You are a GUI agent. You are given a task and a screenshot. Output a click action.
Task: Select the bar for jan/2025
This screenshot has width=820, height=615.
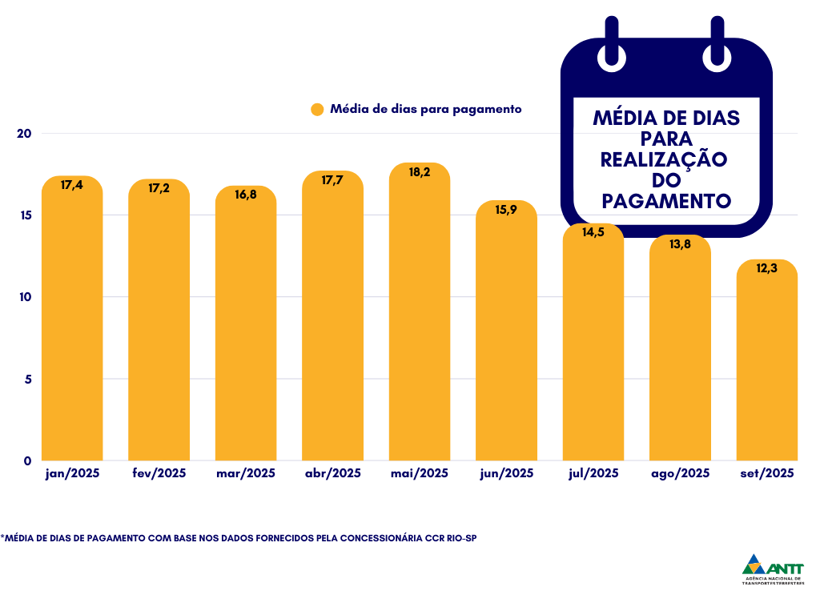[x=72, y=320]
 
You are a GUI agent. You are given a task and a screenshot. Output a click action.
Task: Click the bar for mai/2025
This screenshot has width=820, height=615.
[x=419, y=320]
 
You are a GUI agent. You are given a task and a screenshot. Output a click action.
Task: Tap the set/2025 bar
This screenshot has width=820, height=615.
[x=766, y=360]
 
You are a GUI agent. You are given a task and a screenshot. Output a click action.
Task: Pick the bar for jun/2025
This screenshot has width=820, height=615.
[x=506, y=336]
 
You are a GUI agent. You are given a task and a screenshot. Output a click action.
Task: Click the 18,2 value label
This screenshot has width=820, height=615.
[x=419, y=171]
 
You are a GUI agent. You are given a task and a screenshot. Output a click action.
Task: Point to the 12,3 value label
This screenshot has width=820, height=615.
[x=766, y=269]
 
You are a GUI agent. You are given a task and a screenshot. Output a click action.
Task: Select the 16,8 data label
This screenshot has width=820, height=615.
[x=246, y=195]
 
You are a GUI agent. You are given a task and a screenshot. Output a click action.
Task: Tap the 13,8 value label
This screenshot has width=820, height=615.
[x=680, y=244]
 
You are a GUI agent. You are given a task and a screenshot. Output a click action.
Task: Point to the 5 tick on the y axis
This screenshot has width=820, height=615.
[x=27, y=379]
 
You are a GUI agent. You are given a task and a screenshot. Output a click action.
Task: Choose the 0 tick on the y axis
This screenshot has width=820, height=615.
[x=27, y=460]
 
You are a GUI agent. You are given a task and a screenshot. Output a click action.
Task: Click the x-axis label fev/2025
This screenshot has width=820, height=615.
[x=159, y=473]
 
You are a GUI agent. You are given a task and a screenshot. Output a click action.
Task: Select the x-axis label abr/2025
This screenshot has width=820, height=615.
[x=332, y=473]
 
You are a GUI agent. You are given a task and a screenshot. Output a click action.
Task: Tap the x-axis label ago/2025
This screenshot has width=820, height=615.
[x=680, y=473]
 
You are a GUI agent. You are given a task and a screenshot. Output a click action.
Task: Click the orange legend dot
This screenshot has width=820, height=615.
[x=317, y=110]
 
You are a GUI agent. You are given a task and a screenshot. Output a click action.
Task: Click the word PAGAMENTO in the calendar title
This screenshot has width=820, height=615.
[x=666, y=200]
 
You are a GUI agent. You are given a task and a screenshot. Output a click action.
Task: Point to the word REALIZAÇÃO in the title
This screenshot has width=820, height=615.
[x=664, y=159]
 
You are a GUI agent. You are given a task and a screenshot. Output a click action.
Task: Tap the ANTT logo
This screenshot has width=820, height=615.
[x=774, y=569]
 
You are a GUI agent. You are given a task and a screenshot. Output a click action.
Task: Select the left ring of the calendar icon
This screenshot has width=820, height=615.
[x=612, y=46]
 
